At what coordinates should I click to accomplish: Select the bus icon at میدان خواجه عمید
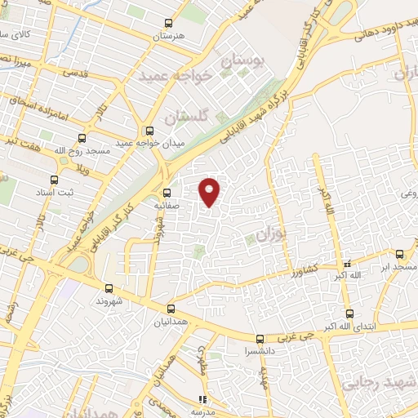pos(149,130)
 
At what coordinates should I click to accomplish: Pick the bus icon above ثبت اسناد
pos(62,159)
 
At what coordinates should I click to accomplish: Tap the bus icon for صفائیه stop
pos(167,193)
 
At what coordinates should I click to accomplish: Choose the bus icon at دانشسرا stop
pos(260,338)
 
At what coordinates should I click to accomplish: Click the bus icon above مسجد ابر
pos(399,254)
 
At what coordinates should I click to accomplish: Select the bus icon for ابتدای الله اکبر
pos(349,313)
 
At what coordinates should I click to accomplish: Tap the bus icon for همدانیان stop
pos(171,309)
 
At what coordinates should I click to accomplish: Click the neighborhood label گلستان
pos(182,118)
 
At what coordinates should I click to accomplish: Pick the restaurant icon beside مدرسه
pos(202,400)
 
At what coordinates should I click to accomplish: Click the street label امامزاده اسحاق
pos(33,104)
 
